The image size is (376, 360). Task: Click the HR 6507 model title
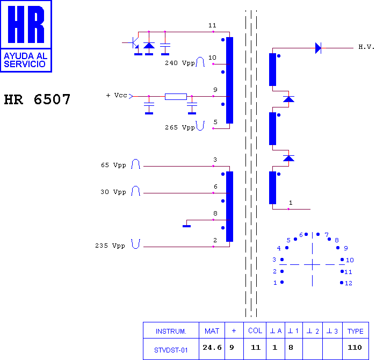pyautogui.click(x=37, y=99)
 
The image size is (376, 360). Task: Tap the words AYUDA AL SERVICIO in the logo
pyautogui.click(x=25, y=60)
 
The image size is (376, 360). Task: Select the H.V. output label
pyautogui.click(x=366, y=47)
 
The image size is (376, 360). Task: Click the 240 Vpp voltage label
pyautogui.click(x=179, y=63)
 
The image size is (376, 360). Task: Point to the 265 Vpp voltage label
pyautogui.click(x=179, y=127)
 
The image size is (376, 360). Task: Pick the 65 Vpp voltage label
pyautogui.click(x=113, y=165)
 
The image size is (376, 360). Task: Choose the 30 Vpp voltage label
pyautogui.click(x=113, y=192)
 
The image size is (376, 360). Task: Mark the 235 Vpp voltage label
pyautogui.click(x=110, y=246)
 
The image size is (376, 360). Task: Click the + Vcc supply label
pyautogui.click(x=117, y=95)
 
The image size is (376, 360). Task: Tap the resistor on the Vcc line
pyautogui.click(x=176, y=96)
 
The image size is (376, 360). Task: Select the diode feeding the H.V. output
pyautogui.click(x=318, y=48)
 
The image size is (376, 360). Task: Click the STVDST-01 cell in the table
pyautogui.click(x=171, y=350)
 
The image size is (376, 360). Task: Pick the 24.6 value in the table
pyautogui.click(x=212, y=347)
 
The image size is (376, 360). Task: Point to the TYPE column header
pyautogui.click(x=356, y=331)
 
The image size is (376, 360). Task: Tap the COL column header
pyautogui.click(x=255, y=331)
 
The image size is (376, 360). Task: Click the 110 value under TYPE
pyautogui.click(x=355, y=347)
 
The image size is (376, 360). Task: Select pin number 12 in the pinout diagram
pyautogui.click(x=349, y=283)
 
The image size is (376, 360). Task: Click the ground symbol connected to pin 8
pyautogui.click(x=186, y=226)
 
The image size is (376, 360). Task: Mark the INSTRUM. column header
pyautogui.click(x=171, y=331)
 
